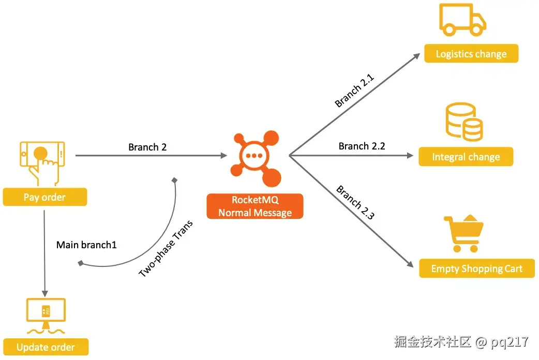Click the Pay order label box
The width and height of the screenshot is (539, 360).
click(x=44, y=197)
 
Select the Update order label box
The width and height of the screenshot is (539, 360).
click(x=46, y=347)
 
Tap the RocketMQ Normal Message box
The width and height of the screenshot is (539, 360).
click(x=254, y=206)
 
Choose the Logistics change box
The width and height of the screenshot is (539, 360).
click(x=471, y=54)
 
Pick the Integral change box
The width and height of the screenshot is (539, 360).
click(x=466, y=157)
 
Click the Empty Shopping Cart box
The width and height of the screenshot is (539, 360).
click(x=477, y=268)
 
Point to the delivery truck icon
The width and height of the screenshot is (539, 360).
click(x=462, y=20)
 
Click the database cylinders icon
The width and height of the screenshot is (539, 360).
click(x=464, y=122)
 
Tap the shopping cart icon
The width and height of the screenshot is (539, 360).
click(x=463, y=233)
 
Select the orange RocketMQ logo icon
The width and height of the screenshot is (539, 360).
click(x=256, y=158)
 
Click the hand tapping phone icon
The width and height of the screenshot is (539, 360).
click(x=42, y=162)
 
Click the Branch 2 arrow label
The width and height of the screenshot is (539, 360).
click(x=147, y=147)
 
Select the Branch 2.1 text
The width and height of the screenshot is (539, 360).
click(x=354, y=91)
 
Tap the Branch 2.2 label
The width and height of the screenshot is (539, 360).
click(x=362, y=146)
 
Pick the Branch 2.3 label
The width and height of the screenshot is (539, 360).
click(x=355, y=202)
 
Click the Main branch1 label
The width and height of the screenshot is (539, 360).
click(x=86, y=245)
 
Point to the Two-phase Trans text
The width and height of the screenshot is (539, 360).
click(x=166, y=249)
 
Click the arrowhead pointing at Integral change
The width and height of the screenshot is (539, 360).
click(x=410, y=155)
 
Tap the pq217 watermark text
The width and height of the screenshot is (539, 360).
click(x=510, y=342)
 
